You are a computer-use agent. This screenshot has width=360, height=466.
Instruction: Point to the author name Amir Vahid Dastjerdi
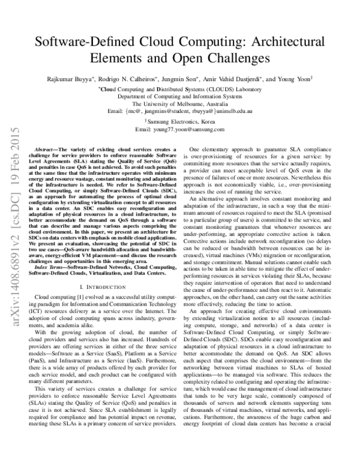[x=236, y=79]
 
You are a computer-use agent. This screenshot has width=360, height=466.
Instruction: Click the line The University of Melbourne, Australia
[x=180, y=103]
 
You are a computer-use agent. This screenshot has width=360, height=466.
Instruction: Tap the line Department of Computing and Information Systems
[x=180, y=95]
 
